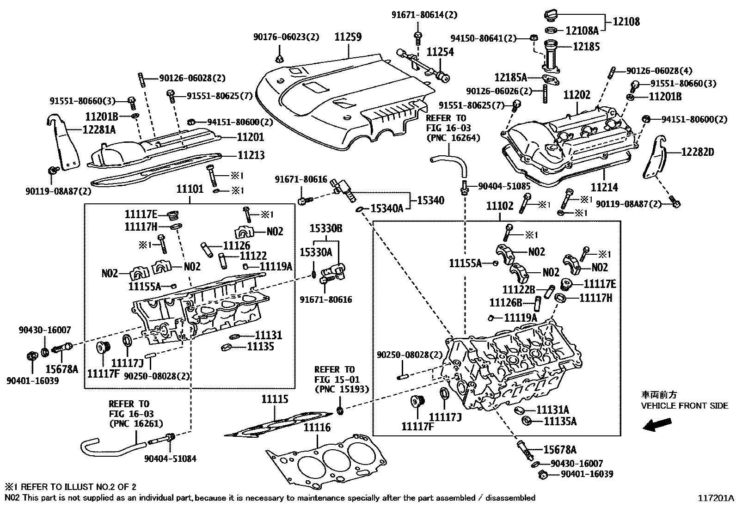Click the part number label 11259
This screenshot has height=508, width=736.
(348, 37)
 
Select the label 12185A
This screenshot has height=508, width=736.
(510, 77)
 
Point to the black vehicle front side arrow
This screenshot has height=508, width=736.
(658, 424)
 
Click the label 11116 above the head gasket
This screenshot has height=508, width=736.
(317, 428)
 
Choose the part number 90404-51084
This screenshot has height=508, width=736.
(170, 459)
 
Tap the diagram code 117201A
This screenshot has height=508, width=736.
(716, 498)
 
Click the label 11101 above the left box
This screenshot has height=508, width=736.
(190, 189)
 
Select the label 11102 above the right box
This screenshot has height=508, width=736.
(500, 206)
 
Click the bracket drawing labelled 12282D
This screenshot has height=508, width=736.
(656, 159)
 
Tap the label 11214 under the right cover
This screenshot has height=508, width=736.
(604, 187)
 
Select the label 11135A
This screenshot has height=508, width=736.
(560, 421)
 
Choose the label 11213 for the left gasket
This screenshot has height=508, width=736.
(251, 155)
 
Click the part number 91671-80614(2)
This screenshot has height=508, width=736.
(424, 15)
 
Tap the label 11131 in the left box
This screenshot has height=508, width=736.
(268, 335)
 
